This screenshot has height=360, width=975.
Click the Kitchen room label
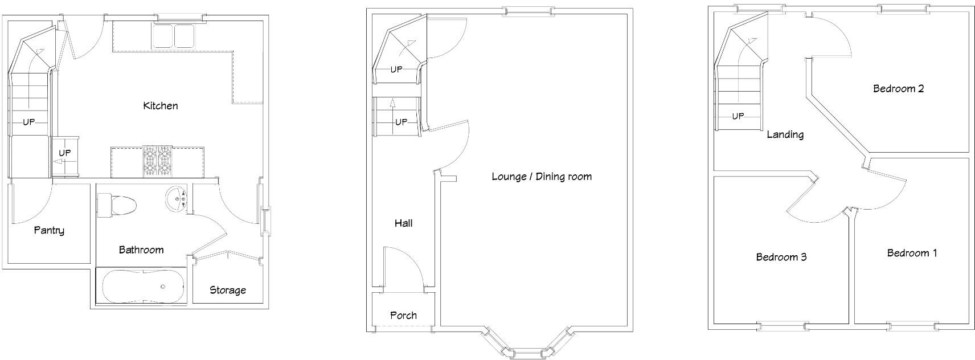click(161, 106)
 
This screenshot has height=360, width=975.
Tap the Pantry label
click(49, 231)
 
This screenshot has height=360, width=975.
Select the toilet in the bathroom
click(117, 204)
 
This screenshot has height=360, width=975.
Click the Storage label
click(228, 291)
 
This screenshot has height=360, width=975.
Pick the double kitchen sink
click(174, 36)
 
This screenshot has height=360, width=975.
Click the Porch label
click(403, 316)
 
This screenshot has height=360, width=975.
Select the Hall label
click(404, 223)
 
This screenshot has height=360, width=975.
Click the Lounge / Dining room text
click(542, 177)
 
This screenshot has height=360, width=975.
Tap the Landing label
click(785, 135)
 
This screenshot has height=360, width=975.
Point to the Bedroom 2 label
click(899, 89)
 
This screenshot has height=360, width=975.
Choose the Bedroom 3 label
click(781, 257)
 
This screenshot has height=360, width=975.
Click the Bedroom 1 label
click(912, 253)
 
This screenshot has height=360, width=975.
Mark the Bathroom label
click(141, 250)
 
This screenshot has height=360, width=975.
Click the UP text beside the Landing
click(738, 116)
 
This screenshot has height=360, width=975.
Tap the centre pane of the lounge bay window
click(526, 354)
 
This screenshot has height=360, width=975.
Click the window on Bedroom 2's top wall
click(902, 7)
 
